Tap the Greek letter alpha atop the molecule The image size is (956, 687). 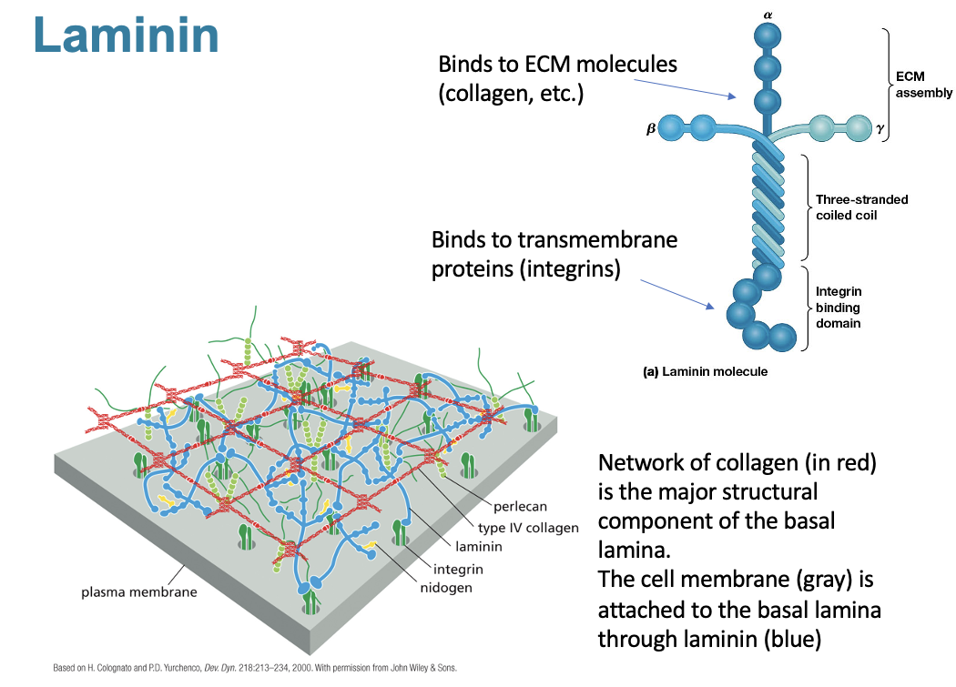(x=768, y=15)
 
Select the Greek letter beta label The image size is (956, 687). (x=649, y=128)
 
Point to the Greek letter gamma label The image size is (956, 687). (x=880, y=128)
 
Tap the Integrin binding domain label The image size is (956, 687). (x=839, y=307)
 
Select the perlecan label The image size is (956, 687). (x=520, y=506)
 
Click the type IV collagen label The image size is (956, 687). (x=528, y=528)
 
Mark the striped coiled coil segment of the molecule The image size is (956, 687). (x=768, y=205)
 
